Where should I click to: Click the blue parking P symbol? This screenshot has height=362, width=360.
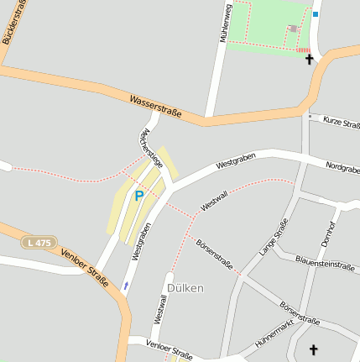(x=139, y=196)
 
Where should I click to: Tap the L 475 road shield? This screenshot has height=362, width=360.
(x=38, y=242)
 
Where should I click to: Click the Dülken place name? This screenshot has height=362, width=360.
(x=185, y=287)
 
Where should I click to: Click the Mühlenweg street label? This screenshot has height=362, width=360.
(x=225, y=23)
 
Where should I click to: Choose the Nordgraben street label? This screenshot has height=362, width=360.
(x=342, y=168)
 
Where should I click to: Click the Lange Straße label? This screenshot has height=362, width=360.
(x=269, y=236)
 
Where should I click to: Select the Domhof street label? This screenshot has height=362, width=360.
(x=327, y=233)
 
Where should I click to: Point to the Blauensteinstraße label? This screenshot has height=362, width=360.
(x=326, y=263)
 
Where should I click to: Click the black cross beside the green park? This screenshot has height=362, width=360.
(x=309, y=60)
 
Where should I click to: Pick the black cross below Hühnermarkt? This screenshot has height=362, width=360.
(x=315, y=349)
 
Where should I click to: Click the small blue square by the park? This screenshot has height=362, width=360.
(x=316, y=14)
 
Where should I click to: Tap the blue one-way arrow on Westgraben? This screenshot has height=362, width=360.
(x=126, y=286)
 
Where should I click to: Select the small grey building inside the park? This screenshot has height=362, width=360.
(x=292, y=29)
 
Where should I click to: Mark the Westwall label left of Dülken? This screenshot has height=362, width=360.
(x=159, y=310)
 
